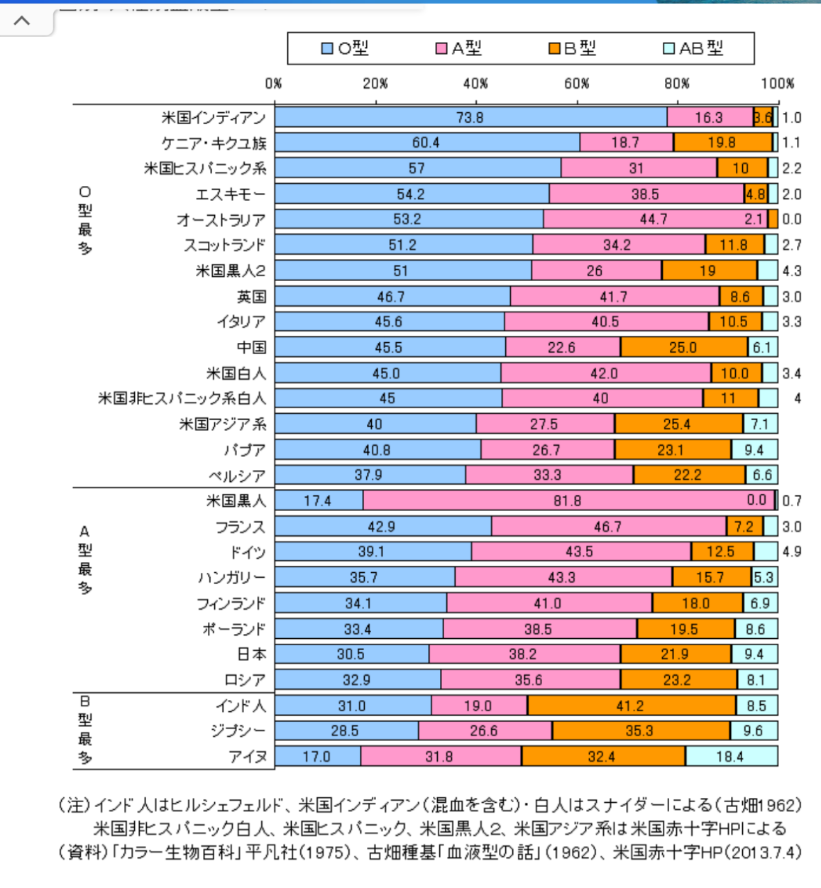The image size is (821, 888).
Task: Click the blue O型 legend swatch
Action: [x=327, y=48]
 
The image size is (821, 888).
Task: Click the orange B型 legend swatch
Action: [x=555, y=48]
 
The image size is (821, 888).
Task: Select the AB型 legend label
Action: [x=701, y=48]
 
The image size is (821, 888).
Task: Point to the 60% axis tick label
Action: [x=576, y=84]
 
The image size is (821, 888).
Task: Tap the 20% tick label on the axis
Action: [x=375, y=84]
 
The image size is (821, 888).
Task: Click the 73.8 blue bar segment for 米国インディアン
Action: [x=470, y=117]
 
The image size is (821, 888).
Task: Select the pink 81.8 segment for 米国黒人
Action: [x=568, y=500]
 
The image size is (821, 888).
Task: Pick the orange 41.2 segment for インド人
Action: [x=630, y=706]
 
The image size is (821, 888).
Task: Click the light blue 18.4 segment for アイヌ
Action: [x=730, y=757]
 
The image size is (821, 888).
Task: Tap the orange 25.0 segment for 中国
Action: [x=683, y=347]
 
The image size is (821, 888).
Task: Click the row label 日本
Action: [x=251, y=654]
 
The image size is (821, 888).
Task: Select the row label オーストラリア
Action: [x=221, y=220]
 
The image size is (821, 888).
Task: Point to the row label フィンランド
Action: [x=231, y=603]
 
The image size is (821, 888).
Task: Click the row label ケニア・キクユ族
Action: [x=214, y=143]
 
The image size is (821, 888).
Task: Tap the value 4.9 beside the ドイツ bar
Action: [x=792, y=552]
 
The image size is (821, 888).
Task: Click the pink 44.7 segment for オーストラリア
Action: [x=653, y=219]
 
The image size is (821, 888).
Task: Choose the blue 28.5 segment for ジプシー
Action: [x=345, y=731]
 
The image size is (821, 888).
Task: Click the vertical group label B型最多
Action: [x=84, y=730]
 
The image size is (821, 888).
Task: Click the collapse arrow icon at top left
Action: [x=22, y=20]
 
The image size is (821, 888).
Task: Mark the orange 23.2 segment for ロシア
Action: [x=677, y=680]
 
